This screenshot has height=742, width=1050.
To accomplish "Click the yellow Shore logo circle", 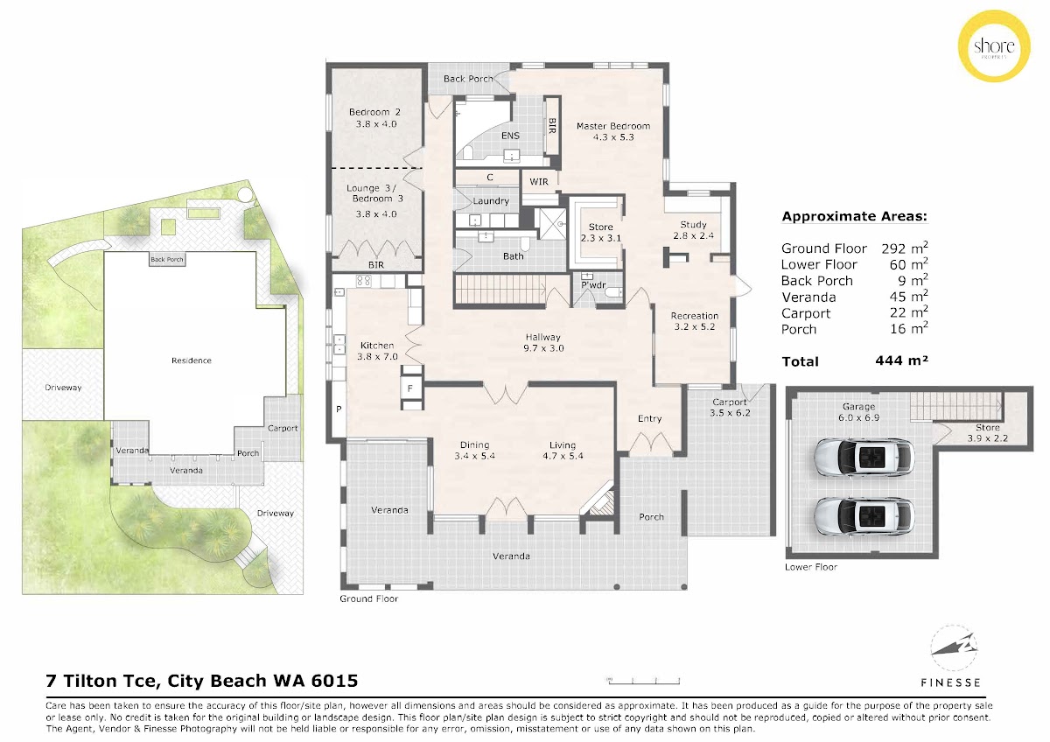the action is (994, 45).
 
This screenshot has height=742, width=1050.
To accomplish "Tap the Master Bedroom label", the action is (613, 126).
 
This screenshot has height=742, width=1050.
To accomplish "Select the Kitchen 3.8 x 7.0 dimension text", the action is (377, 357).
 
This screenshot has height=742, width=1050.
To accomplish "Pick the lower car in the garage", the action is (864, 516).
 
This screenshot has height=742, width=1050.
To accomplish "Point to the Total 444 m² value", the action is (901, 360).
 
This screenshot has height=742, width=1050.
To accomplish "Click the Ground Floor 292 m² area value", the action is (905, 248).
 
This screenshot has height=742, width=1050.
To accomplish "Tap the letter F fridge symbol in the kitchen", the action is (410, 388).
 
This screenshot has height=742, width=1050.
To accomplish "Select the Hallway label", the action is (542, 337).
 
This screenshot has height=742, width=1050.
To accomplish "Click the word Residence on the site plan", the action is (192, 360).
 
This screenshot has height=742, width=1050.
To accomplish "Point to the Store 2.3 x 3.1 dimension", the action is (600, 238).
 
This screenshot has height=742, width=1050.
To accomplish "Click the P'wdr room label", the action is (593, 285).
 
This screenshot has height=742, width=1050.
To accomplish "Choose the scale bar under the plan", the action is (644, 682).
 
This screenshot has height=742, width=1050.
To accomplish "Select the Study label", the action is (693, 225).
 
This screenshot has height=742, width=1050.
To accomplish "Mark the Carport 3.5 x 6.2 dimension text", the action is (730, 413).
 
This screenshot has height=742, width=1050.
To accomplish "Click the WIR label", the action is (539, 182).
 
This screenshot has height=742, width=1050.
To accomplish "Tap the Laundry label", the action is (491, 201).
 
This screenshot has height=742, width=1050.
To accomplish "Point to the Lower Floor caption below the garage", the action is (811, 567).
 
